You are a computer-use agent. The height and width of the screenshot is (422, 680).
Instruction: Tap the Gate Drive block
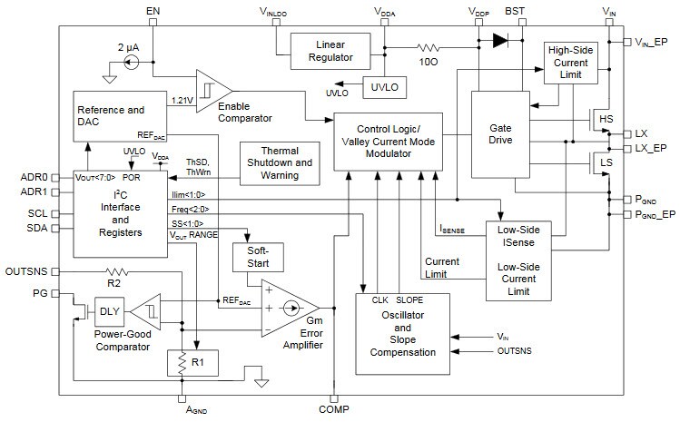pos(499,133)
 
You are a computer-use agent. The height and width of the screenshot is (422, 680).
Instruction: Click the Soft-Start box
pos(259,257)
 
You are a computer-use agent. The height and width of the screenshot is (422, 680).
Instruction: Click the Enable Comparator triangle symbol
pos(212,89)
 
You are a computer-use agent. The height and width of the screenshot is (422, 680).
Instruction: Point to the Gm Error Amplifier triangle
pos(288,308)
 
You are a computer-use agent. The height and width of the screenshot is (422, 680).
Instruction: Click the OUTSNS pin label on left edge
pos(25,270)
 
